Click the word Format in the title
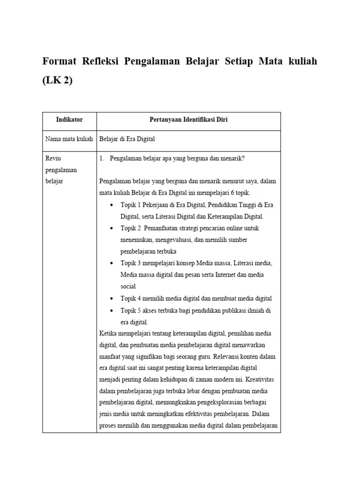[x=60, y=61]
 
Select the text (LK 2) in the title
[x=58, y=80]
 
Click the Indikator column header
[x=69, y=120]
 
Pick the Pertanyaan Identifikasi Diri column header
[x=188, y=120]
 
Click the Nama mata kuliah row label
[x=69, y=139]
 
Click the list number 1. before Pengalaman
[x=102, y=158]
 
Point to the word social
[x=128, y=286]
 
